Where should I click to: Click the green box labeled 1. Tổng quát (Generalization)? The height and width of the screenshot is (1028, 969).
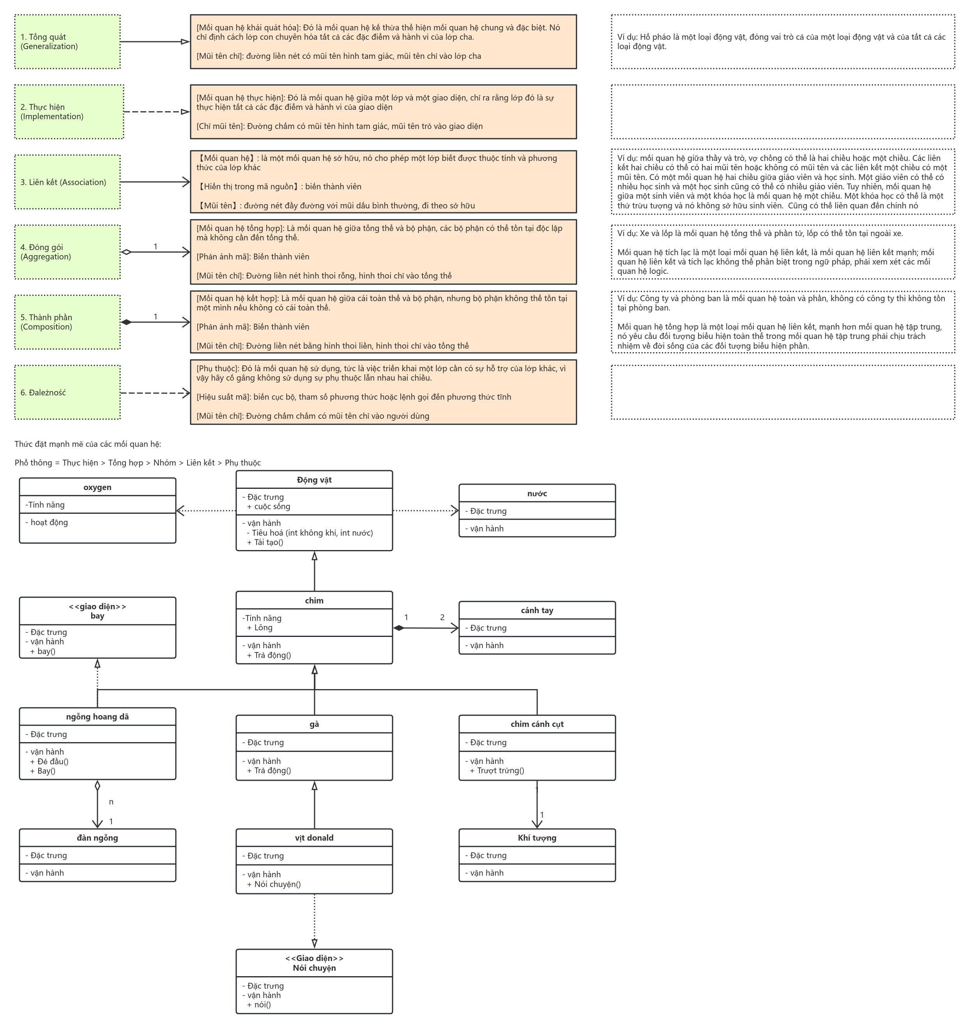coord(67,41)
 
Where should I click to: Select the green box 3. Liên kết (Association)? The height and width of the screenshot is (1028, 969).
coord(67,182)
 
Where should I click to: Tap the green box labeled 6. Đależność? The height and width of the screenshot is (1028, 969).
coord(67,393)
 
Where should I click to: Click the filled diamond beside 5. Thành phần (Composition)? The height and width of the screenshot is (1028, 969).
coord(126,322)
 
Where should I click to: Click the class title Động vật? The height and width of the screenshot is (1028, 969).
coord(314,480)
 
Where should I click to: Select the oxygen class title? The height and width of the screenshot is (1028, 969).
coord(97,487)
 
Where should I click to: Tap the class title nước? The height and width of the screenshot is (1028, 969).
coord(537,493)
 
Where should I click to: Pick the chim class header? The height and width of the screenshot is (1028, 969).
coord(314,600)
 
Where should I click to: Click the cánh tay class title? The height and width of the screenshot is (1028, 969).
coord(537,610)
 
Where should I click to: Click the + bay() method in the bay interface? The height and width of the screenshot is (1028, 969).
coord(42,651)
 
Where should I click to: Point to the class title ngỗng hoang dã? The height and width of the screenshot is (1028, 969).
coord(97,717)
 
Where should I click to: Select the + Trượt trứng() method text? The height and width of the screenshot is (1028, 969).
coord(497,771)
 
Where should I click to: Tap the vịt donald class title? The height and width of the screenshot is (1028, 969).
coord(314,838)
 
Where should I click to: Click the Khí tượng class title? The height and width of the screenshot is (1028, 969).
coord(537,838)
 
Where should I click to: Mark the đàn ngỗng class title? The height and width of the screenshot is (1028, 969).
coord(97,838)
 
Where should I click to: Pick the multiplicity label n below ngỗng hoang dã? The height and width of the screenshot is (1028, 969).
coord(111,802)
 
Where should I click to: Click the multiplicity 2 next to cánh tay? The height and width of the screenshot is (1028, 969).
coord(442,617)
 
